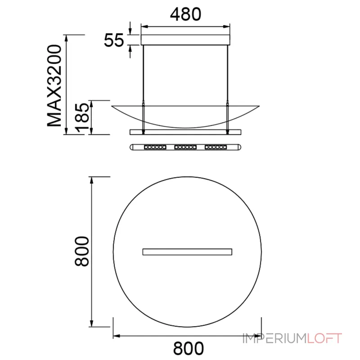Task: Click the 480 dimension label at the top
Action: (185, 14)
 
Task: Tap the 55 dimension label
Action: (114, 40)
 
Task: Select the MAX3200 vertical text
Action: (54, 85)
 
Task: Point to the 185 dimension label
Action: (82, 118)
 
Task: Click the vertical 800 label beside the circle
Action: (82, 252)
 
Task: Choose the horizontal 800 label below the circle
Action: (188, 348)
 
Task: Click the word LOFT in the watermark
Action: (324, 338)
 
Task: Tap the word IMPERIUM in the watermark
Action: (275, 338)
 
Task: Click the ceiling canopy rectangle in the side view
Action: (185, 40)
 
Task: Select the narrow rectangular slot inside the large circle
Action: (187, 252)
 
